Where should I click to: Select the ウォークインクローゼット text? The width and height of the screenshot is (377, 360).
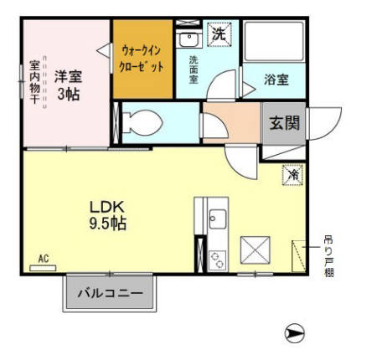[x=142, y=57]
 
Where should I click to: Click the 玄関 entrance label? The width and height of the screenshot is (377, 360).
[x=282, y=123]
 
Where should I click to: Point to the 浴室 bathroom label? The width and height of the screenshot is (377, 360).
[x=277, y=80]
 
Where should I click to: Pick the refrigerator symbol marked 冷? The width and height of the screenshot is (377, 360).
[x=293, y=175]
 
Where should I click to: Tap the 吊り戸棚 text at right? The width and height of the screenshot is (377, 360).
[x=328, y=255]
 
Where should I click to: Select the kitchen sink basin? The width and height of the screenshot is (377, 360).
[x=216, y=220]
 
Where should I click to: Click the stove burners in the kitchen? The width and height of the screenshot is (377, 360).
[x=216, y=258]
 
